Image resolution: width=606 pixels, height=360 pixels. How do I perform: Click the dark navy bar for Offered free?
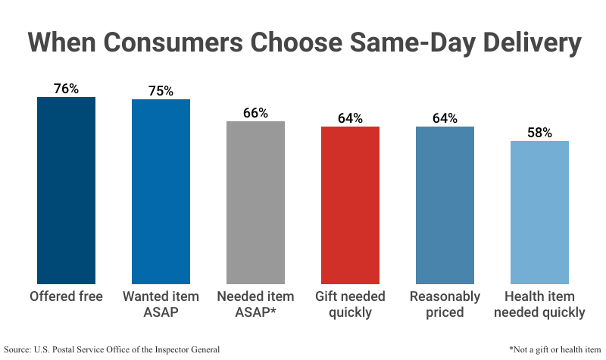pyautogui.click(x=67, y=189)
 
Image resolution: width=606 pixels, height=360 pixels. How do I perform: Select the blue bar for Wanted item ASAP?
pyautogui.click(x=161, y=191)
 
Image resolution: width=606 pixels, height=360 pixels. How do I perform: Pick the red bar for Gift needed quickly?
pyautogui.click(x=350, y=205)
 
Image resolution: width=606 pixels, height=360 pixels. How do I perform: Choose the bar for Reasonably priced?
pyautogui.click(x=445, y=205)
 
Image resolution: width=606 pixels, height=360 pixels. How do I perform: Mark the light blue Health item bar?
pyautogui.click(x=539, y=212)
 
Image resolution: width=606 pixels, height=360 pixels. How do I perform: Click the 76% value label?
pyautogui.click(x=67, y=89)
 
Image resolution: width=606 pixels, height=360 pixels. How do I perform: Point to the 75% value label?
pyautogui.click(x=161, y=91)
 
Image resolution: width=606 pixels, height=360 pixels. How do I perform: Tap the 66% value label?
pyautogui.click(x=256, y=113)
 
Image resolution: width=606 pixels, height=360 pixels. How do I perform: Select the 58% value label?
pyautogui.click(x=539, y=133)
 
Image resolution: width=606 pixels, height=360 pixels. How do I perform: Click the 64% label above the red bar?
pyautogui.click(x=350, y=118)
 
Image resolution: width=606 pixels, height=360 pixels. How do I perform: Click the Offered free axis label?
pyautogui.click(x=67, y=296)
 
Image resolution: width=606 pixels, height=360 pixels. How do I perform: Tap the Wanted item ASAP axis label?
pyautogui.click(x=161, y=304)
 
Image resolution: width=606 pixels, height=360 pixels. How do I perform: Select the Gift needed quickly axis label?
pyautogui.click(x=350, y=304)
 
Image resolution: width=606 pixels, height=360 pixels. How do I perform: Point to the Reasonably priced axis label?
pyautogui.click(x=445, y=304)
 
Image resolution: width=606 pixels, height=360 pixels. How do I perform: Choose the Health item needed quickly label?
pyautogui.click(x=539, y=304)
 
